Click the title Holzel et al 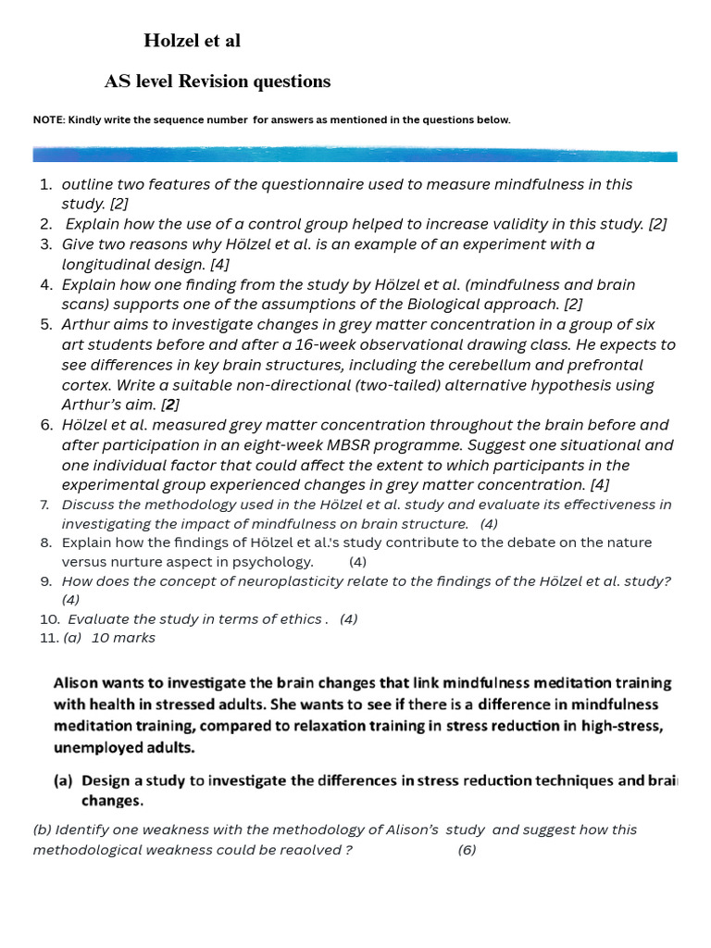192,41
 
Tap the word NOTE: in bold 48,120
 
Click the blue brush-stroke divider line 355,155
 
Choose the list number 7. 44,505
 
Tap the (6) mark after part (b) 467,850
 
